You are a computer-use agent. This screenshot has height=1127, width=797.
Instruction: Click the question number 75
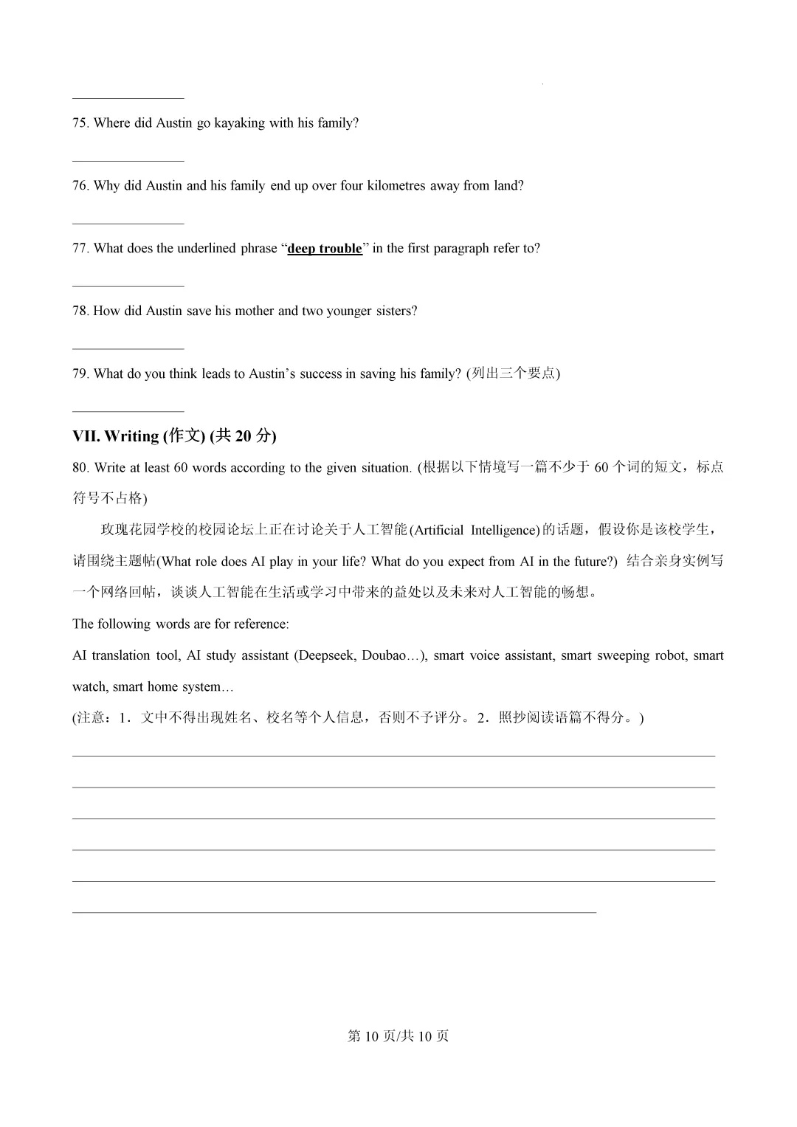pos(80,123)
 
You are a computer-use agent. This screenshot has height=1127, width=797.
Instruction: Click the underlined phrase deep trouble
pos(325,249)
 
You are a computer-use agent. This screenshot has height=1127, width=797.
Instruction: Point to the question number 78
pos(80,311)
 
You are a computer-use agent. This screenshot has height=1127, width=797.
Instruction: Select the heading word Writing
pos(131,436)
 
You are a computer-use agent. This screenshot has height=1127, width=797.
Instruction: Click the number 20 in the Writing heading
pos(243,436)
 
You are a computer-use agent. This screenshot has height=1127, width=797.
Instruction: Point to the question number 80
pos(80,468)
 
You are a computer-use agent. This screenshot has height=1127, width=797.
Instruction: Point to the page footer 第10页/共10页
pos(398,1036)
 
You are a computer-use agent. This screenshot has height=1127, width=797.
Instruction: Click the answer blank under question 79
pos(128,411)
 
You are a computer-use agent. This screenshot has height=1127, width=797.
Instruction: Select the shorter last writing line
pos(334,912)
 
